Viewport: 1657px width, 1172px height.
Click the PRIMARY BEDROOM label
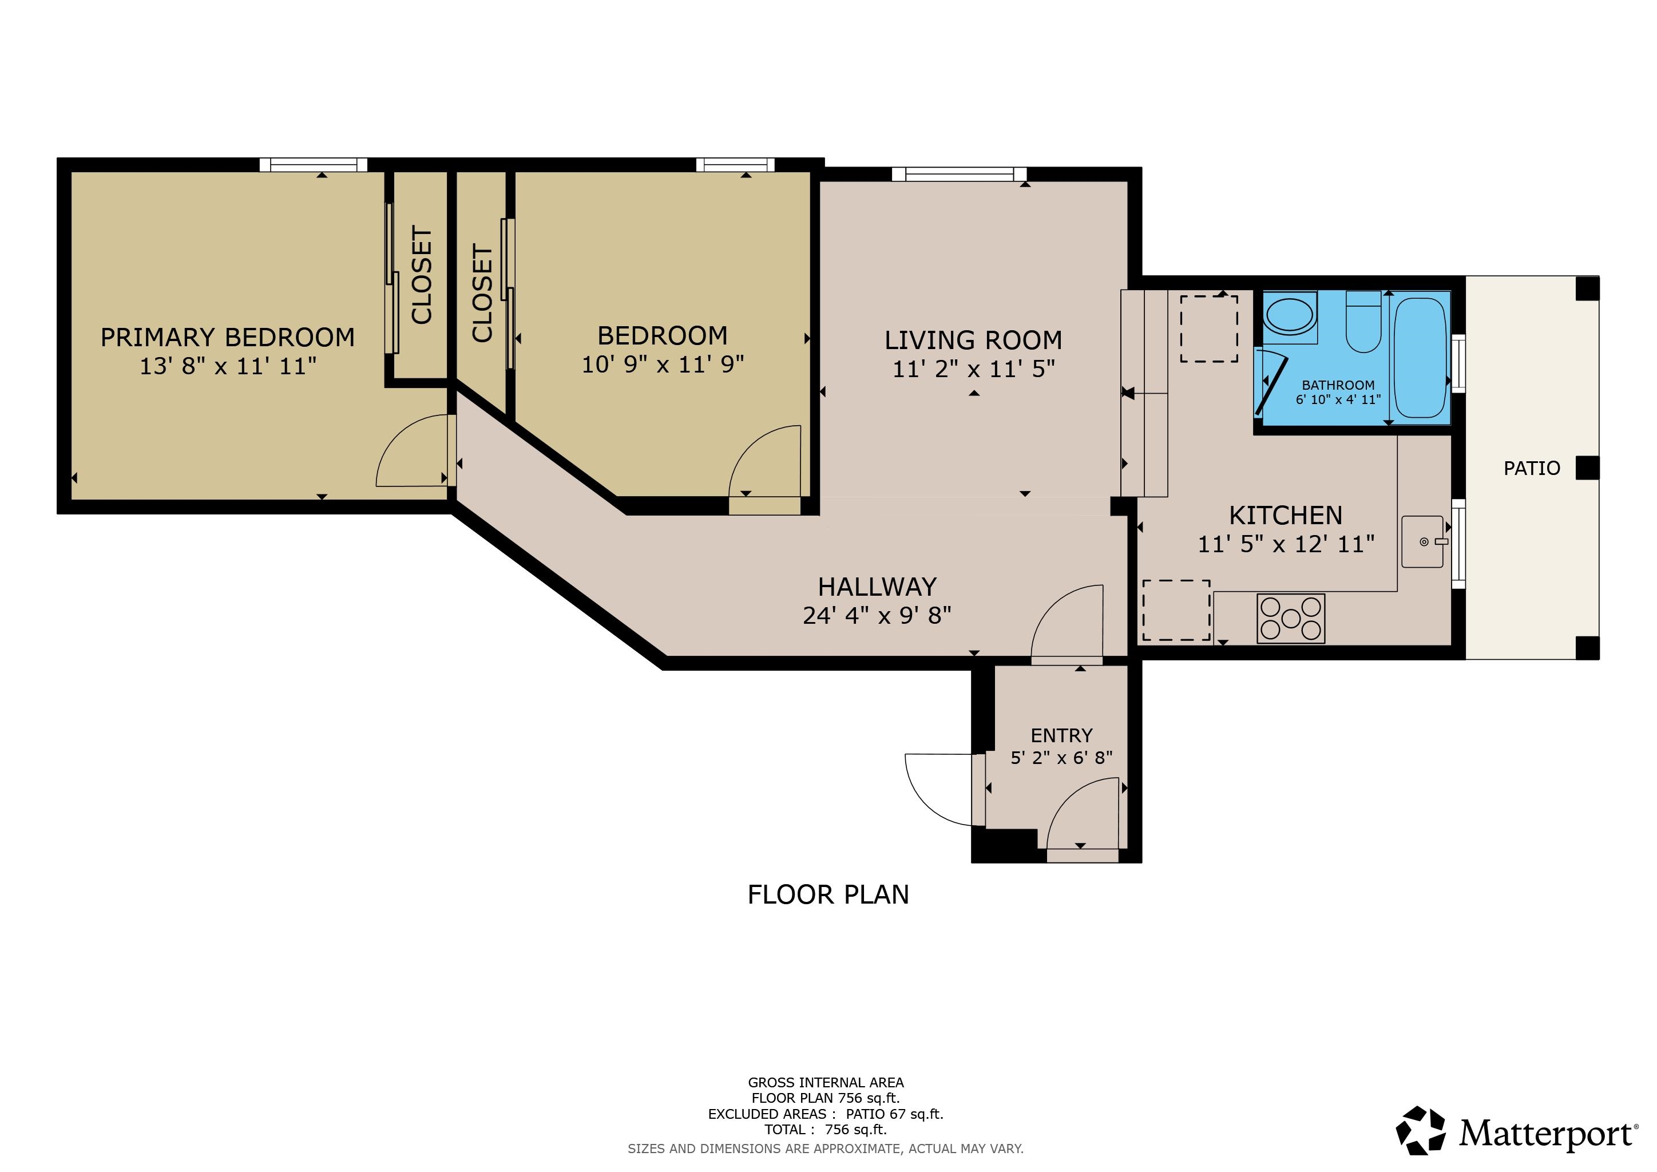click(227, 338)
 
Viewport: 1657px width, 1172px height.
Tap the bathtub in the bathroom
click(1419, 359)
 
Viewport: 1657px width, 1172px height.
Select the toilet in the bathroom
click(1363, 324)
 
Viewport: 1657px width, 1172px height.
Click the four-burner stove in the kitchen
click(1290, 619)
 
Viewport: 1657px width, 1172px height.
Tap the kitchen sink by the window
click(1422, 541)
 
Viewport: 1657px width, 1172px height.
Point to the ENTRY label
click(1061, 735)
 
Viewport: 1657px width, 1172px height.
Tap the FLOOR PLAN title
click(828, 895)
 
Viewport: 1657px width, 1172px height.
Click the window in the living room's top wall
click(959, 174)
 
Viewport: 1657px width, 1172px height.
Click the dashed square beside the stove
click(1176, 610)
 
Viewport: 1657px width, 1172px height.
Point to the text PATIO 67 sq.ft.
click(894, 1114)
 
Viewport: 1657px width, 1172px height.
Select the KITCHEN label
click(1285, 515)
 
